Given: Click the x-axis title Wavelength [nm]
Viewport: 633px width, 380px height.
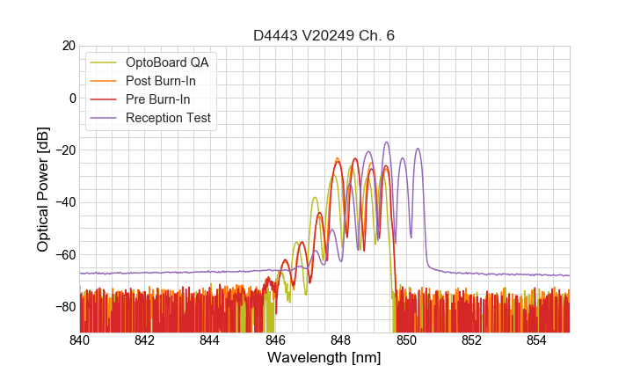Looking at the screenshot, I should pos(324,358).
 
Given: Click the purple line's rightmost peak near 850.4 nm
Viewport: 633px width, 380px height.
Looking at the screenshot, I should pos(418,149).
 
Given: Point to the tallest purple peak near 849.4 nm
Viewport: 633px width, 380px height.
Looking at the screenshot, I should pos(386,142).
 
